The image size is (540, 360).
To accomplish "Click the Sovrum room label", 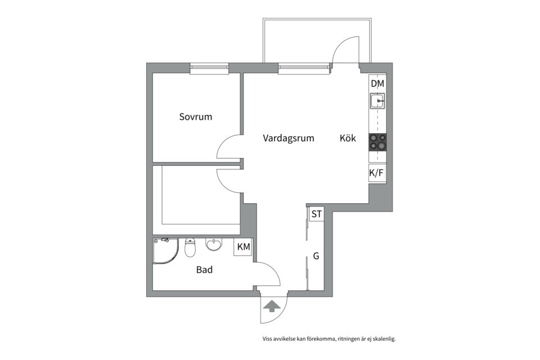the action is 196,117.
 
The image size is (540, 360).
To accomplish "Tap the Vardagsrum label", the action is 289,138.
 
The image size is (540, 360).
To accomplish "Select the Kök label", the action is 348,138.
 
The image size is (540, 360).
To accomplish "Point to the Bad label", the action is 204,269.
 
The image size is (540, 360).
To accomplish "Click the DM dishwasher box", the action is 377,83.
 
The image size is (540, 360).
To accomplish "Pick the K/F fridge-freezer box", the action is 377,173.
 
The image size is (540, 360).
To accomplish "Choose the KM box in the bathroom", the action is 244,247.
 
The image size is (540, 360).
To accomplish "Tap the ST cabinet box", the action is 317,214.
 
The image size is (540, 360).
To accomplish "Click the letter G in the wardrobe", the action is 316,256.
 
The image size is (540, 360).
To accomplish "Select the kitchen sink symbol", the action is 377,101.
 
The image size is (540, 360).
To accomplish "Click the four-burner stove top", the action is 377,142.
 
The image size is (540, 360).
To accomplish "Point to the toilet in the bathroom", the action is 190,247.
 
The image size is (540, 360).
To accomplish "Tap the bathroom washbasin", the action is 214,244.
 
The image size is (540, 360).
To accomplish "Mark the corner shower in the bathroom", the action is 165,251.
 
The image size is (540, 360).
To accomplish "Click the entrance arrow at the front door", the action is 271,306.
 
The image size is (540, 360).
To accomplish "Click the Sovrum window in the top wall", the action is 209,68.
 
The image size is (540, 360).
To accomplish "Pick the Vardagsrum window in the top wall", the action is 303,68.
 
